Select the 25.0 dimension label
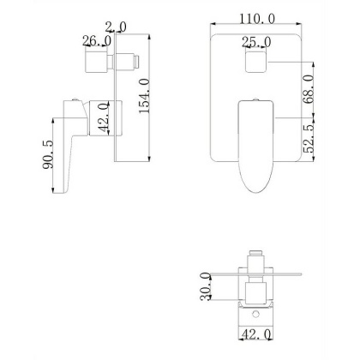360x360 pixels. pyautogui.click(x=256, y=41)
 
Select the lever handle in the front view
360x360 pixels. pyautogui.click(x=254, y=146)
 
